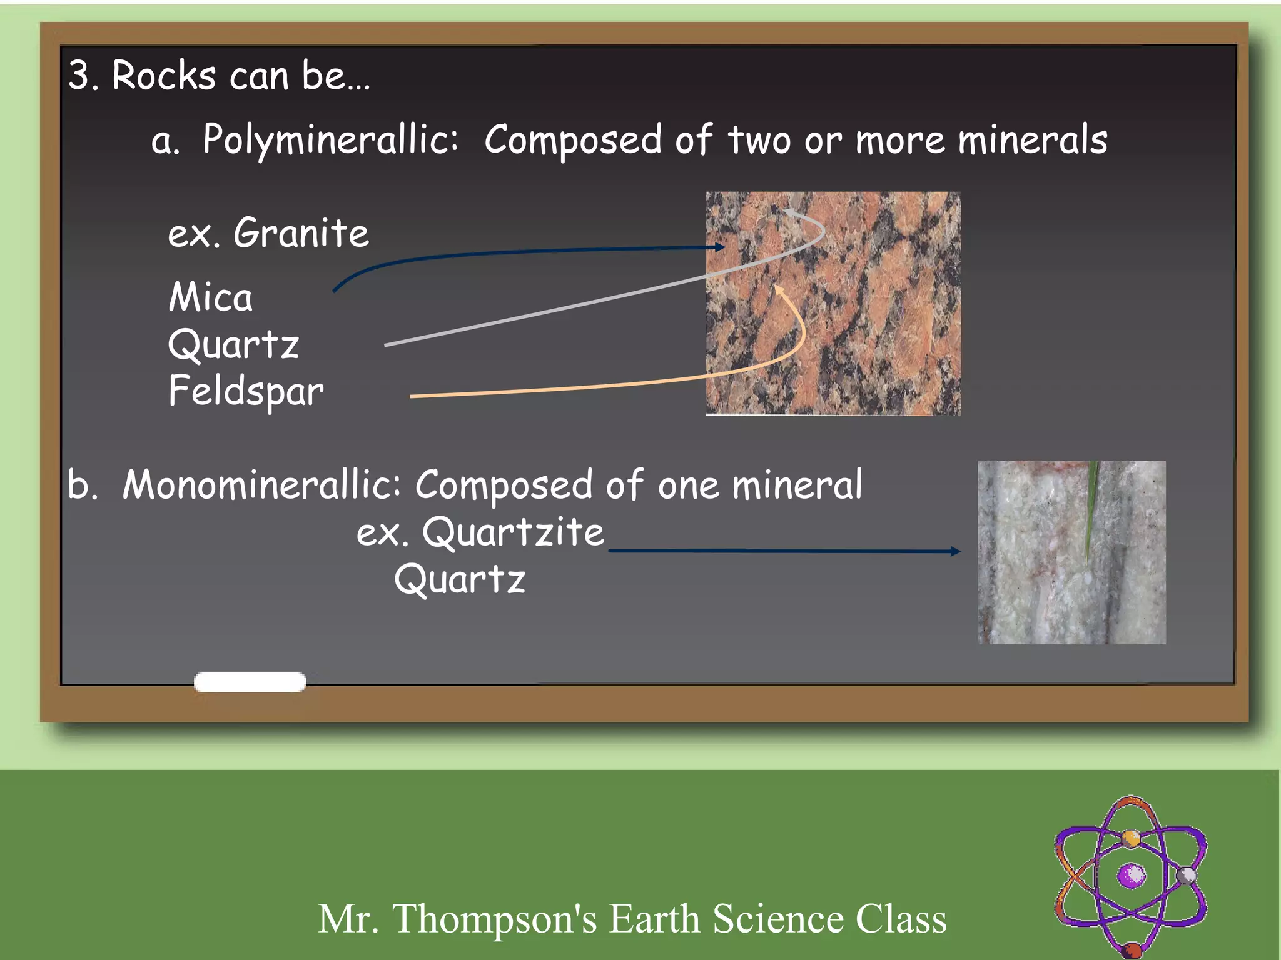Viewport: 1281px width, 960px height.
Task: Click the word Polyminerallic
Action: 330,140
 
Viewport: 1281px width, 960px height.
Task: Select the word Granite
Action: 301,233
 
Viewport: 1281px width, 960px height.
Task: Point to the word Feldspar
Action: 246,391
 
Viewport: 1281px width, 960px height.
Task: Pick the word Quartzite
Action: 513,533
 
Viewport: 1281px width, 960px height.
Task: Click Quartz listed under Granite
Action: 233,344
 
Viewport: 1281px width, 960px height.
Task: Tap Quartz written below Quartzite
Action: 460,579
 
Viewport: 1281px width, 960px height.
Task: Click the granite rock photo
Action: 833,304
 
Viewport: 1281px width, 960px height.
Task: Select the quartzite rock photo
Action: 1071,552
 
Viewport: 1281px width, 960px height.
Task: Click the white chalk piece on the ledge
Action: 250,682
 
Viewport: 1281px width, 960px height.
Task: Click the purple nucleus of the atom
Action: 1132,875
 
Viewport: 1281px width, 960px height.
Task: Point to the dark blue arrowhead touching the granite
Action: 721,247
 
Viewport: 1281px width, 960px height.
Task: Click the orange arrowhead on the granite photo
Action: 779,290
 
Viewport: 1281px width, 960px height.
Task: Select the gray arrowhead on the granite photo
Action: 789,213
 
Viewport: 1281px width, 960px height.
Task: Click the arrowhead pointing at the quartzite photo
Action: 954,551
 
